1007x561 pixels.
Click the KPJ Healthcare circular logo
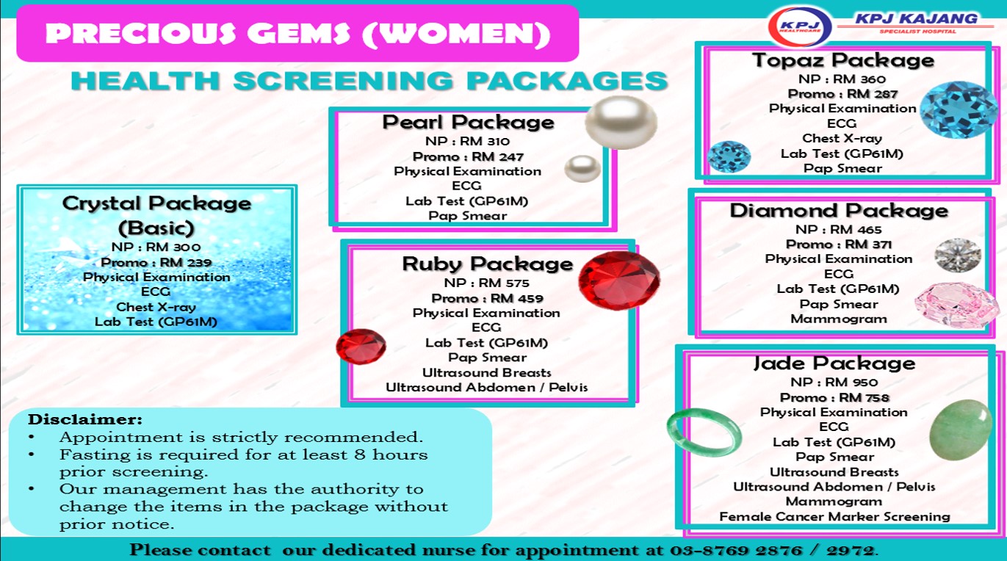800,26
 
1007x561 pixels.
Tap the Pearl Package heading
468,123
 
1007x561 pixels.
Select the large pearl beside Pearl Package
621,123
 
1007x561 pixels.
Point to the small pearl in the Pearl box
582,169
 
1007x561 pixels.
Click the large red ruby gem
619,280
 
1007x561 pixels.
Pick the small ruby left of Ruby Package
361,346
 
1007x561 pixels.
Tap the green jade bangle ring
704,433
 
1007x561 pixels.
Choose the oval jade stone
961,430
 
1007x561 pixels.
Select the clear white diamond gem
958,255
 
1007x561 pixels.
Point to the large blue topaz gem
959,109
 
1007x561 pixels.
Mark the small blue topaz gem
729,157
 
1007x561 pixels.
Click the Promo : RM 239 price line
156,262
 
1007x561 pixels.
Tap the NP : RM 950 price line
834,382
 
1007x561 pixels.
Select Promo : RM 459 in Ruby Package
487,298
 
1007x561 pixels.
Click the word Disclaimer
85,419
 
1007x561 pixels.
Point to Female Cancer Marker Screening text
834,516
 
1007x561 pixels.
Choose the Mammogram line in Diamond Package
839,319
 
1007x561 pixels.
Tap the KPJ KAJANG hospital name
916,18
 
